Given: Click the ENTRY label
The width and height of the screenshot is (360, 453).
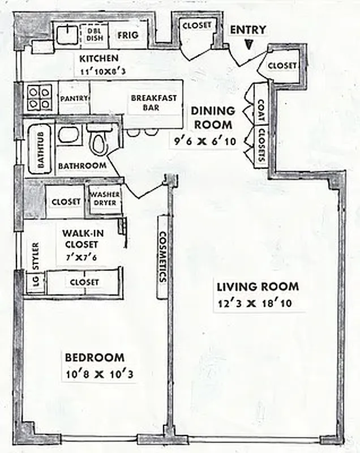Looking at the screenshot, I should point(247,29).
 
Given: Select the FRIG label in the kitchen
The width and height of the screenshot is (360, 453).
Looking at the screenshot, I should point(125,35).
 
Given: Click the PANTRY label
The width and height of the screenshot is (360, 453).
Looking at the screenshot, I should point(74,98).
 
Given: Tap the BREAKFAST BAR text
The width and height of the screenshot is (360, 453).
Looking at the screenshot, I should point(153,102).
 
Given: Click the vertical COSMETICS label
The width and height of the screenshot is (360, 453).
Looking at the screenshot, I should point(162,257).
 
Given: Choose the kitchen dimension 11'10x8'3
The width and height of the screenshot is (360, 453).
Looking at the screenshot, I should point(98,71).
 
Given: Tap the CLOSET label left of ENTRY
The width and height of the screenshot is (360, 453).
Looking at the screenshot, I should point(197,25).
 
